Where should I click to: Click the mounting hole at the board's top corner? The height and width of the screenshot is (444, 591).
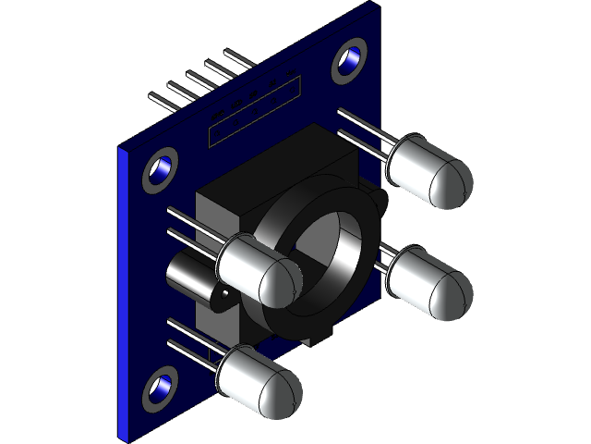click(x=350, y=61)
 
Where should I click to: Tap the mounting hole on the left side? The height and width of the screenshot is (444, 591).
click(x=160, y=171)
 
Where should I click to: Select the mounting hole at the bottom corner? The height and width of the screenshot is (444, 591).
click(x=160, y=388)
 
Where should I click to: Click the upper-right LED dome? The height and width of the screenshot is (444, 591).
click(x=441, y=177)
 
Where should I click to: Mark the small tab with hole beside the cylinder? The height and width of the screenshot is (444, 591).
click(x=223, y=298)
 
